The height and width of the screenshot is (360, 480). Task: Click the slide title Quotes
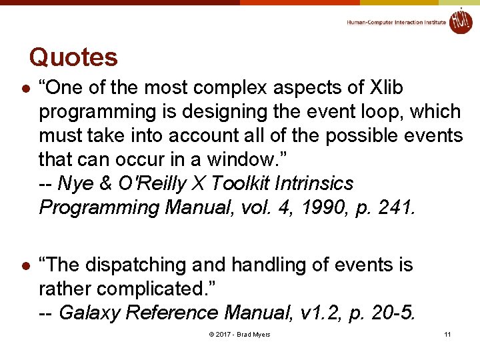[73, 57]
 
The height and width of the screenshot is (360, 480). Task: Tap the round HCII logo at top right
[461, 21]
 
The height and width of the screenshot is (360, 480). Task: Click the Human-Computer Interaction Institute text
[396, 22]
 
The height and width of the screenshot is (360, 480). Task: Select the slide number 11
[447, 334]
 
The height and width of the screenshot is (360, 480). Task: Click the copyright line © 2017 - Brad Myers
[239, 334]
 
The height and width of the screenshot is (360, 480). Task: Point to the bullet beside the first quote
[24, 89]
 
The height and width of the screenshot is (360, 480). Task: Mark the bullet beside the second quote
[24, 266]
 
